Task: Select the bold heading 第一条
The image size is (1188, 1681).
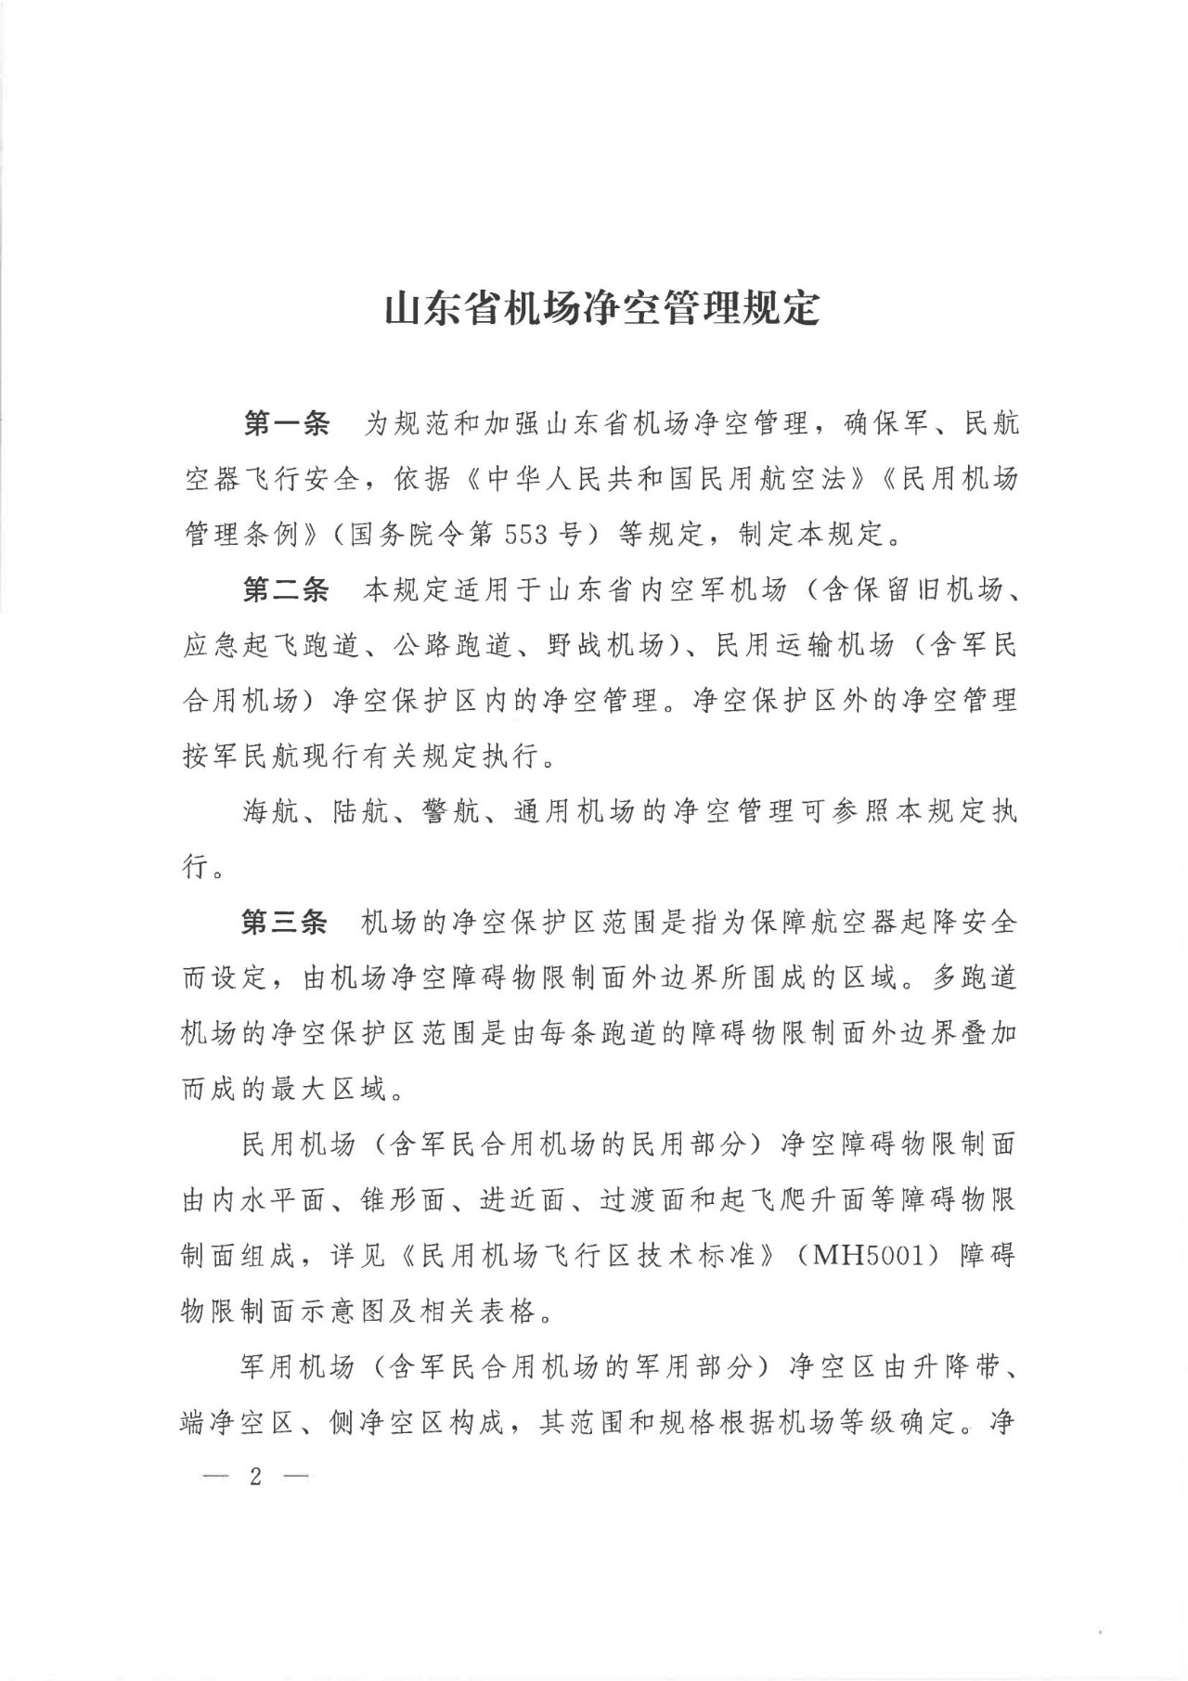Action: click(286, 423)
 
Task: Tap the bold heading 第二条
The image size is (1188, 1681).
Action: click(286, 589)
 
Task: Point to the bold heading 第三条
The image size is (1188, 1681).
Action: click(286, 922)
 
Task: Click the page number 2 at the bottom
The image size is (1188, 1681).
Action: click(255, 1477)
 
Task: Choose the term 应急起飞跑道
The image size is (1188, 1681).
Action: click(271, 645)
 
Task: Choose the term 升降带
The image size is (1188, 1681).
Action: click(960, 1366)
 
